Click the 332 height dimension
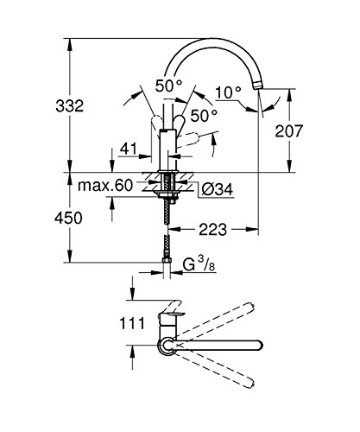pos(70,106)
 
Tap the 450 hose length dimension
pos(68,218)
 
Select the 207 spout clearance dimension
pos(289,131)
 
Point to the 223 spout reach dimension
pos(213,230)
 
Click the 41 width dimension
pos(129,149)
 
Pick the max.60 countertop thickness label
pos(105,186)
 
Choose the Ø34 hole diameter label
pos(218,190)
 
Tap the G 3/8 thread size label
pos(199,265)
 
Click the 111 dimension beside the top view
pos(132,323)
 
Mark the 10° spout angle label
pos(228,92)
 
